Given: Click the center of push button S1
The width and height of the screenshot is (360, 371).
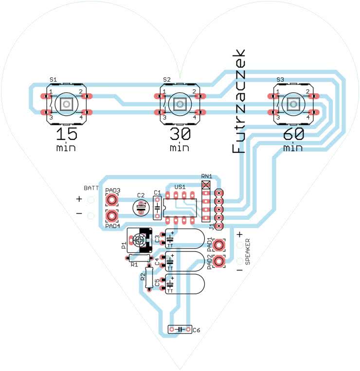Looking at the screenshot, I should coord(67,104).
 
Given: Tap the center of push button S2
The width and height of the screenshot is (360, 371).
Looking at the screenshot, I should coord(180,104).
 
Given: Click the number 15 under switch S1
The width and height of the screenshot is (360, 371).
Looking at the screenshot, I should coord(66,134).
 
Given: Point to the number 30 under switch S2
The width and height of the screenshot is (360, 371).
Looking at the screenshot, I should coord(180,134).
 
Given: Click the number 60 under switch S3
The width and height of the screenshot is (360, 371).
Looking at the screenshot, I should coord(293,134).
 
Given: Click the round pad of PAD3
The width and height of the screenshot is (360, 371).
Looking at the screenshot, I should coord(112,199).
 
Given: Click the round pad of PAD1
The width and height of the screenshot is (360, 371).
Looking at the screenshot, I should coord(219,245).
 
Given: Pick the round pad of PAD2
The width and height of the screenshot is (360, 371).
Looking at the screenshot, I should coord(219,262).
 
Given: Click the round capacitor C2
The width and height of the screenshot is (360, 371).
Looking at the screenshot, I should coord(141,208).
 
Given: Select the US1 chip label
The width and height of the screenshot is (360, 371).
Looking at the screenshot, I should coord(180,187).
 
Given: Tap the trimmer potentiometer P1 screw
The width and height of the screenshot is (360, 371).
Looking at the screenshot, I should coord(140,240).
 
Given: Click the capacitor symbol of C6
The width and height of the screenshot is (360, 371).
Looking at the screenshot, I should coord(180,330).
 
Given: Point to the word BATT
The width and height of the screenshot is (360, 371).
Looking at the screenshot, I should coord(91,187).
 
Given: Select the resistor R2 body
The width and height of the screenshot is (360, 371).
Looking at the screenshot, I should coord(149,278).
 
